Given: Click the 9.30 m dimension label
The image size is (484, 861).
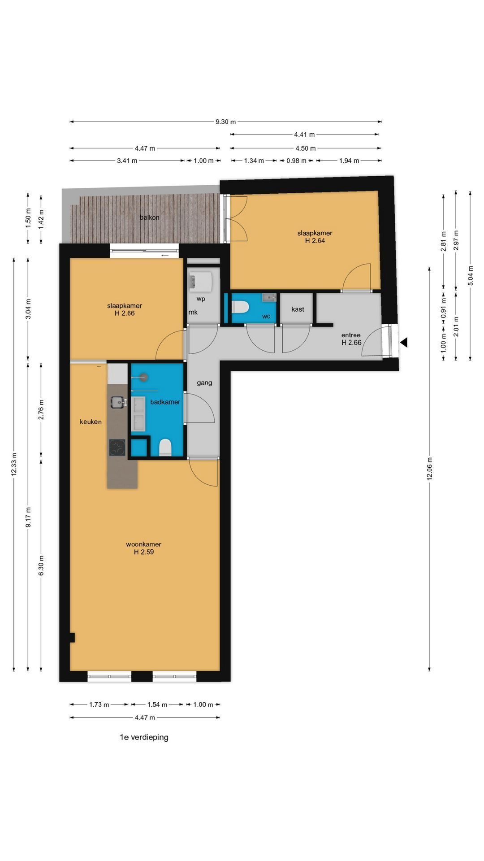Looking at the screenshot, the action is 225,122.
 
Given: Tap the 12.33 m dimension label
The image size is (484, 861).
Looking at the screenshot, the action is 14,465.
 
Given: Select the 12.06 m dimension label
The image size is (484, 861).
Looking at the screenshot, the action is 429,469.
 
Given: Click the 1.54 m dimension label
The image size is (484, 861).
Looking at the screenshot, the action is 157,704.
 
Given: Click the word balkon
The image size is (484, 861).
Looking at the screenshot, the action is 149,217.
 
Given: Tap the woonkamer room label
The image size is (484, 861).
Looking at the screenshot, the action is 143,544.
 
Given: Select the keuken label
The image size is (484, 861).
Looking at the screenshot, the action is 91,422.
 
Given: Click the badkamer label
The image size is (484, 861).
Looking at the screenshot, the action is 165,402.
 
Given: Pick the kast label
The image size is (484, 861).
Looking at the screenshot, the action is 298,309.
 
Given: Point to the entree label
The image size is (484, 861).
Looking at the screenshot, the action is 351,335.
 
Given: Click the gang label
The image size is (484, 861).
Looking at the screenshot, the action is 204,383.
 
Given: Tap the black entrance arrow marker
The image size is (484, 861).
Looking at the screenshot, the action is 403,343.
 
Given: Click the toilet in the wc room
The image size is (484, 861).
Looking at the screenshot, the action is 240,307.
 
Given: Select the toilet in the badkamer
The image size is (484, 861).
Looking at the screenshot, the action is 165,448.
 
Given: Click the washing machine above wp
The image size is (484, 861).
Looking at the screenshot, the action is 200,281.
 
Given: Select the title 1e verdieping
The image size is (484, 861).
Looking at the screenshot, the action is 144,737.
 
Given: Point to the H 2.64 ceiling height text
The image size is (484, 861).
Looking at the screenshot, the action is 315,241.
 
